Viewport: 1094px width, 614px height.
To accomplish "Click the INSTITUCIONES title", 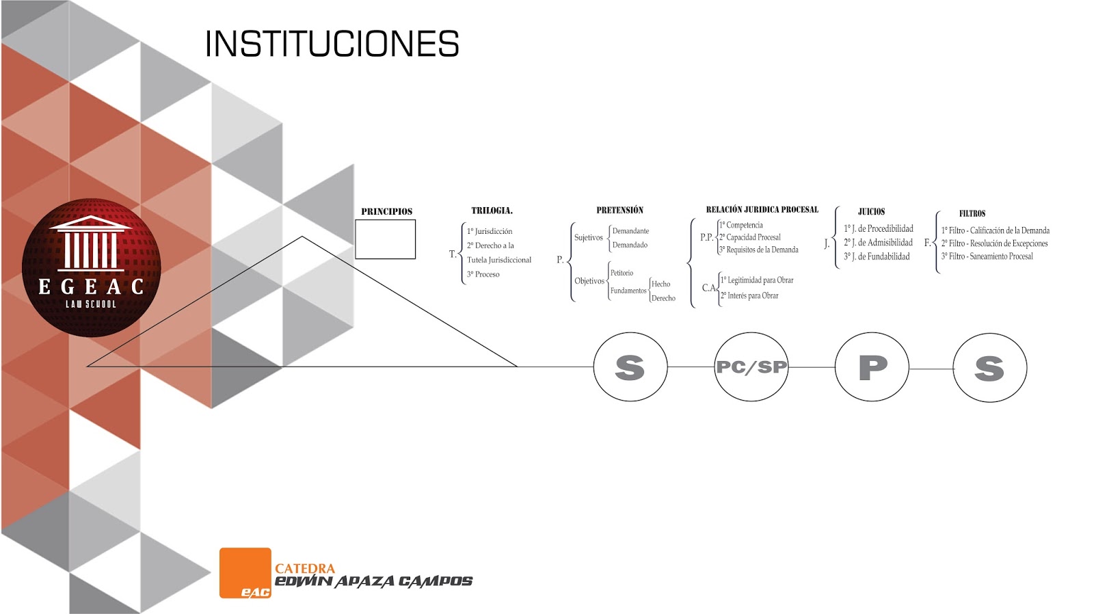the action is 332,44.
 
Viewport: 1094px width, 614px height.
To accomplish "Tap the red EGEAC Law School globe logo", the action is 91,267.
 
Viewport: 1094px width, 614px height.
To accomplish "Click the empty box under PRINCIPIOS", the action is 385,239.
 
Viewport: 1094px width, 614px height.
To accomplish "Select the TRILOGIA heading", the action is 492,211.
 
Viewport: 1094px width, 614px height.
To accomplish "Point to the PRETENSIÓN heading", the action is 619,210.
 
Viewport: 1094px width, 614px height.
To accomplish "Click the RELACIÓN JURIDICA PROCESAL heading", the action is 762,209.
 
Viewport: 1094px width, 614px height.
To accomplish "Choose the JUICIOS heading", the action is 871,212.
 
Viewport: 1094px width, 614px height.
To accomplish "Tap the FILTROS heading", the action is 972,213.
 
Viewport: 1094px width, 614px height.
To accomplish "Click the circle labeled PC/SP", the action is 751,367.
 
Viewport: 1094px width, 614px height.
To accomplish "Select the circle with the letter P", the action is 872,367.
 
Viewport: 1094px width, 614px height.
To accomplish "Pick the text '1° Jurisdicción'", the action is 490,231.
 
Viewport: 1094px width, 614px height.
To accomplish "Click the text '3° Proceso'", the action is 483,274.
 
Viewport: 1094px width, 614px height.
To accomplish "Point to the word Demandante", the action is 630,231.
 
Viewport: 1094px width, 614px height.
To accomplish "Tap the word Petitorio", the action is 622,273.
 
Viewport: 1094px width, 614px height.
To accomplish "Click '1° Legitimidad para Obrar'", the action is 757,280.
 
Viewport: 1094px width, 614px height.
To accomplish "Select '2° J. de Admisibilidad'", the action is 878,243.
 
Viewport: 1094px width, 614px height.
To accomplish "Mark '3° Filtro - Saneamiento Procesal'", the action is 987,256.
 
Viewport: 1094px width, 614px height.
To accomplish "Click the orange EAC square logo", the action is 245,573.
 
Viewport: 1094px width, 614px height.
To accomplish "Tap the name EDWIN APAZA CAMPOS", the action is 373,582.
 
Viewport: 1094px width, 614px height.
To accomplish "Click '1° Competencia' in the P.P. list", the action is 741,225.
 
